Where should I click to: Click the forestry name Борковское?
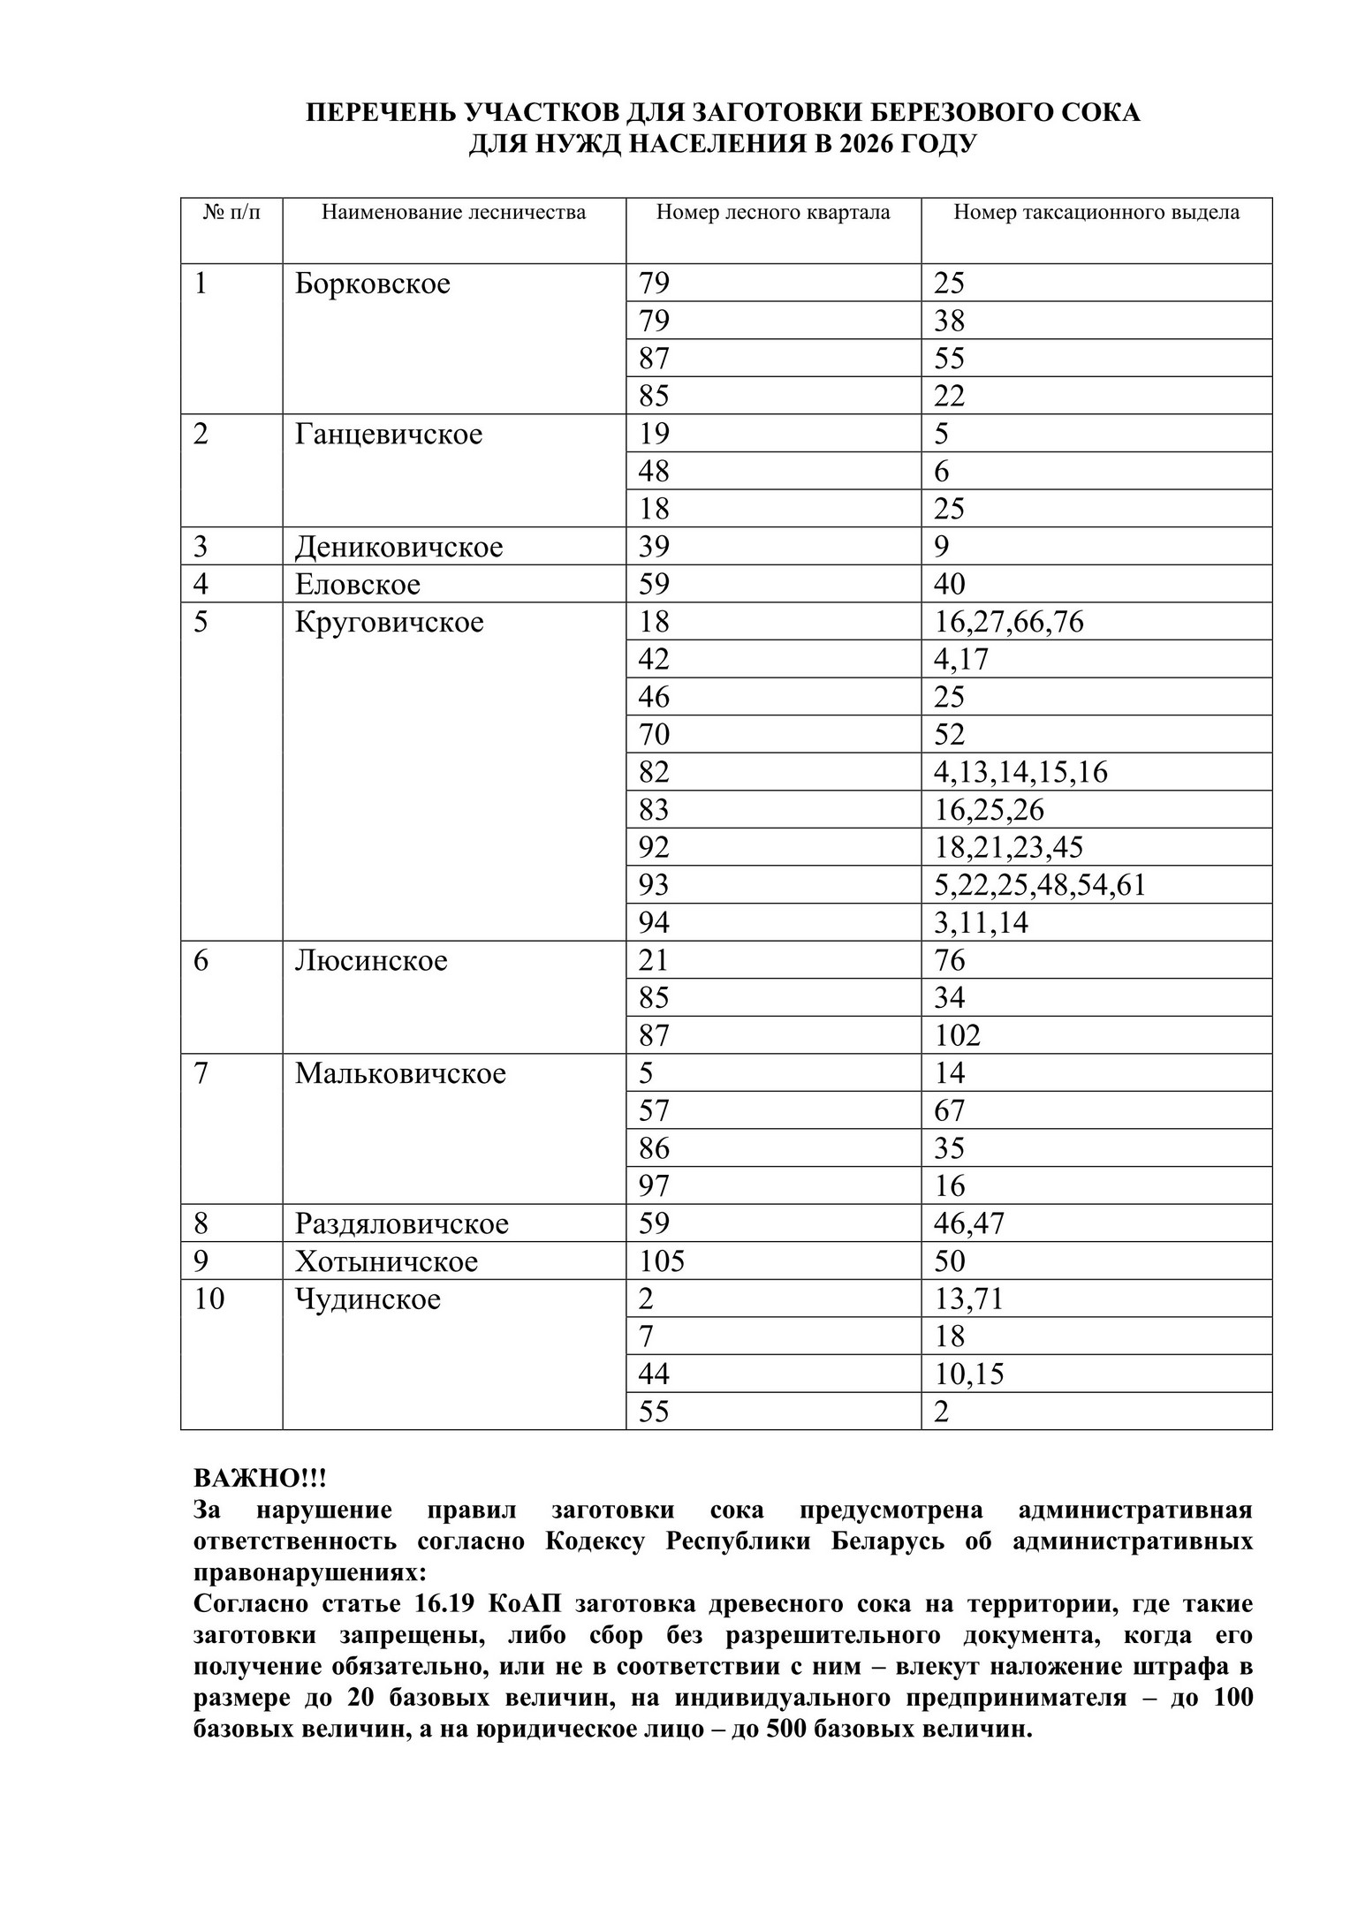372,284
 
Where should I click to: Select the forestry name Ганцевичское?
389,435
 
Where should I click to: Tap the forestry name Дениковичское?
398,547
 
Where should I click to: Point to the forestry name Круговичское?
390,622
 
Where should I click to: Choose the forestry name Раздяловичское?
402,1223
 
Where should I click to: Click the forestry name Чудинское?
368,1299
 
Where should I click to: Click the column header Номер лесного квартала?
773,212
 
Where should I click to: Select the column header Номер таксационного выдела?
1096,212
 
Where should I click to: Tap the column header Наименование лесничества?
453,212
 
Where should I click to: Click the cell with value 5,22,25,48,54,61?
1040,885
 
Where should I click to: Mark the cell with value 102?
958,1035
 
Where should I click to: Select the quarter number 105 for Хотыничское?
662,1261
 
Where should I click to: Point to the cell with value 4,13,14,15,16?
1020,772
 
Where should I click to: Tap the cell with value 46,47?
969,1223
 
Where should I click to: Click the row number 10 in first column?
209,1299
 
